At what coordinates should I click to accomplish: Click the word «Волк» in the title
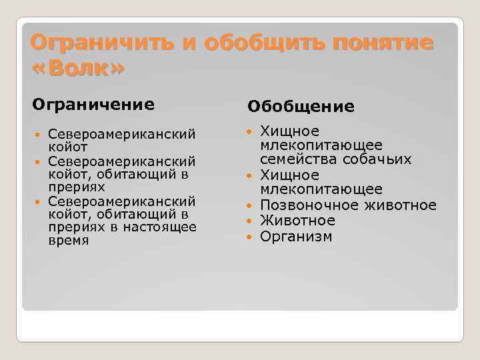point(77,69)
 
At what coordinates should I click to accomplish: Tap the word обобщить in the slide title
point(264,43)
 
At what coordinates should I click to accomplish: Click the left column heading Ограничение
point(93,105)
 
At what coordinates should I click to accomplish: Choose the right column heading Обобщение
point(301,107)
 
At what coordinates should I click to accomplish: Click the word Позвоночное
point(304,205)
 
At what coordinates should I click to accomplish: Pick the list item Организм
point(295,237)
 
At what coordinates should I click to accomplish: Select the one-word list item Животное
point(297,221)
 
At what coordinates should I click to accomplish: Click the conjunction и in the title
point(190,43)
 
